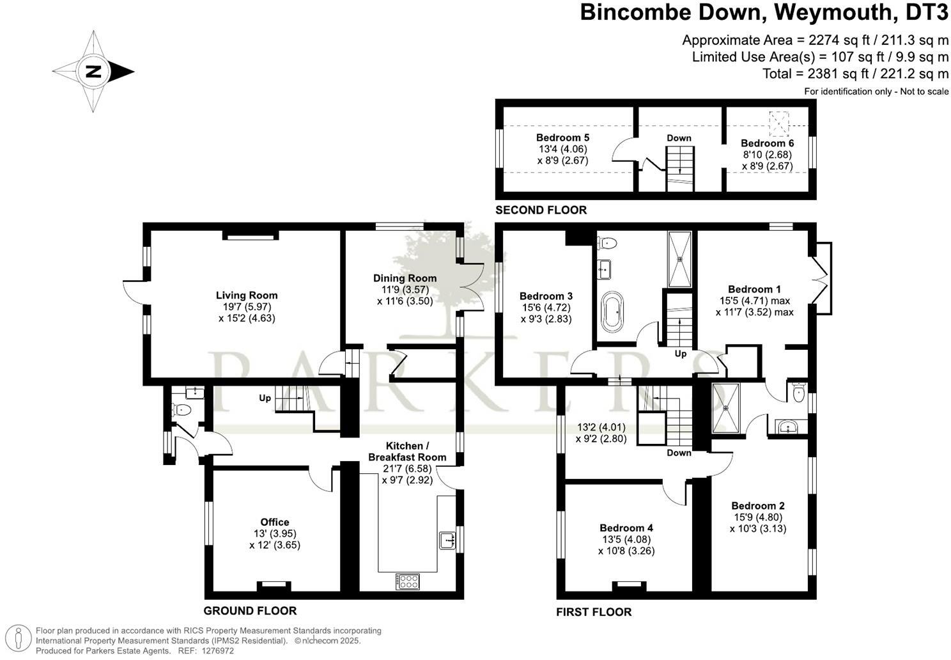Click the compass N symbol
tap(94, 71)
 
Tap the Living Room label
tap(247, 295)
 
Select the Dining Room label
tap(405, 278)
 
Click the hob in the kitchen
tap(408, 581)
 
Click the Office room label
tap(275, 522)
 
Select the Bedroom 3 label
tap(546, 296)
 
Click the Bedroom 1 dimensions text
tap(754, 306)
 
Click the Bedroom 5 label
tap(562, 137)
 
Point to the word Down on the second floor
tap(679, 137)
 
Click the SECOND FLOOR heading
tap(541, 210)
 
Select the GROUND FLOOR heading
tap(250, 611)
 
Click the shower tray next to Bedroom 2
tap(725, 408)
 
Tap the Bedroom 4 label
tap(626, 528)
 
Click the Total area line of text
tap(855, 74)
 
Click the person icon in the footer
tap(20, 639)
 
